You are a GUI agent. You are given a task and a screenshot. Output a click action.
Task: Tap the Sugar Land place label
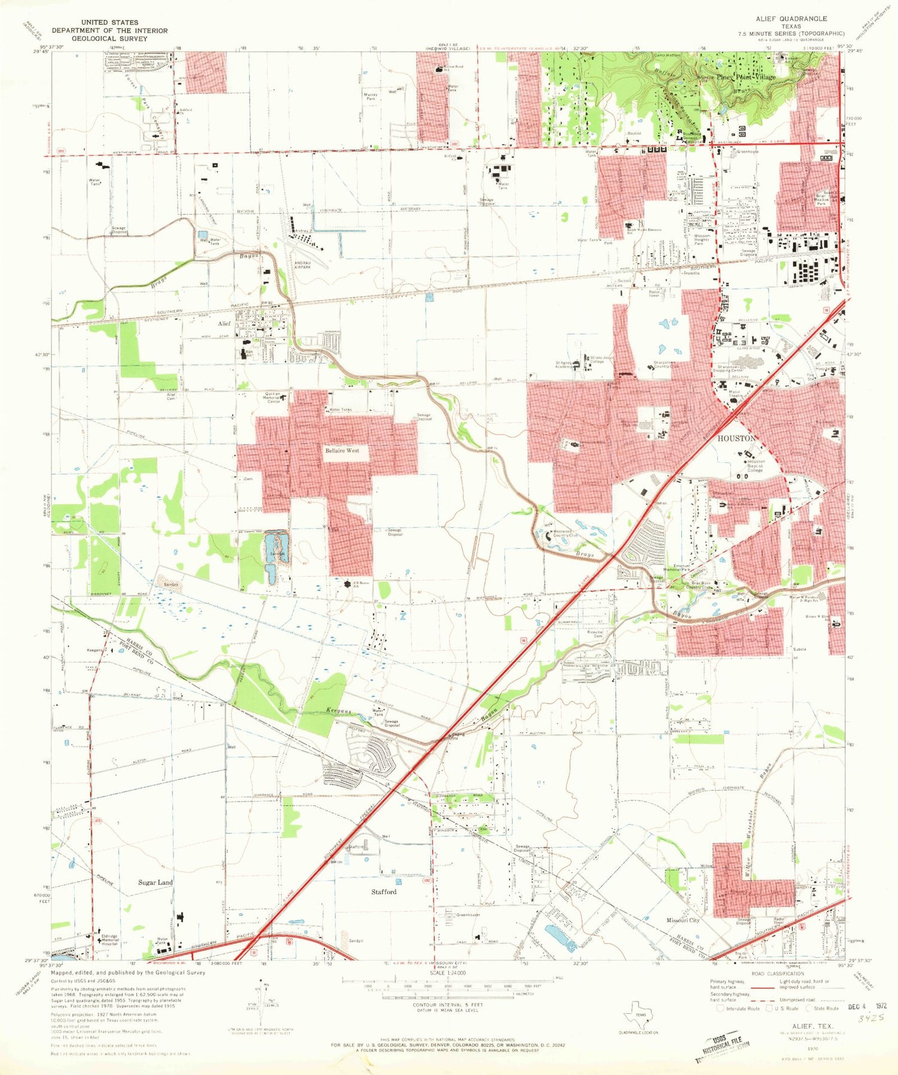coord(156,882)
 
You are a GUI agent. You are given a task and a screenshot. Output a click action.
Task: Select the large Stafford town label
coord(383,891)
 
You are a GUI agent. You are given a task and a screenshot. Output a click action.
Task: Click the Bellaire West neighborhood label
coord(342,450)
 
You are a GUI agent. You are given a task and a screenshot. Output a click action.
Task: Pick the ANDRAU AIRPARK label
coord(302,267)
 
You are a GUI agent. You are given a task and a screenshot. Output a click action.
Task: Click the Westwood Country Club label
coord(566,533)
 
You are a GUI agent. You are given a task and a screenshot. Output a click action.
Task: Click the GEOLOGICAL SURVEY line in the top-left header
coord(110,38)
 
